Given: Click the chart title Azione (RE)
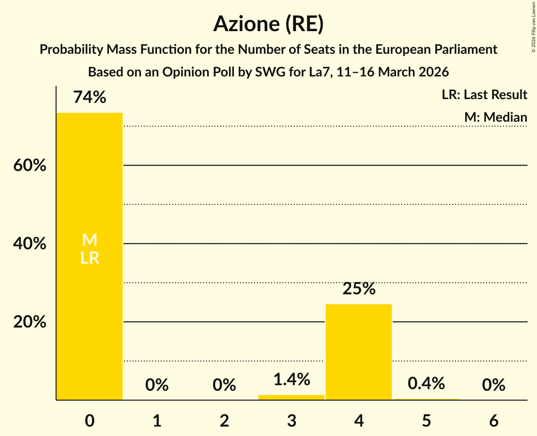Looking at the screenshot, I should tap(268, 24).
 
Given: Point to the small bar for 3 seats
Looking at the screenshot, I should tap(291, 397).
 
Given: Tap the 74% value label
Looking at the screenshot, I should tap(90, 98).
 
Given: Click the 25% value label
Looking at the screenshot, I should tap(359, 289).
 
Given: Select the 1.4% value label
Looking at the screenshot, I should tap(291, 379).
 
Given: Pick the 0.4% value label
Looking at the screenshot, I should tap(426, 384).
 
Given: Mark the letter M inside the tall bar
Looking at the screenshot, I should tap(90, 240).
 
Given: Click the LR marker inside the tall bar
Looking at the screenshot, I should tap(90, 258).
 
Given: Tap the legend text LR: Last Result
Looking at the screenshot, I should tap(484, 95).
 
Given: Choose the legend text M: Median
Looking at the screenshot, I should tap(496, 117).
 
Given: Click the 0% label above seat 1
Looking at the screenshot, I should tap(157, 385).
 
